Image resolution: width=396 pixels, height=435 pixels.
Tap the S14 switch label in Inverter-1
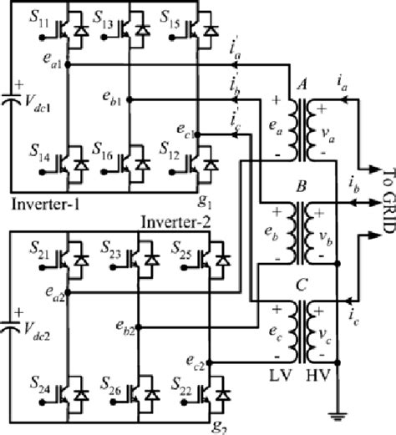pyautogui.click(x=38, y=150)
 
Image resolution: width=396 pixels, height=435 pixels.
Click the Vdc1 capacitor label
pyautogui.click(x=34, y=96)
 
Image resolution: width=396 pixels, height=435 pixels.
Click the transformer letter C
pyautogui.click(x=298, y=285)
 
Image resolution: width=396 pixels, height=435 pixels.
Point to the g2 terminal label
pyautogui.click(x=197, y=427)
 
